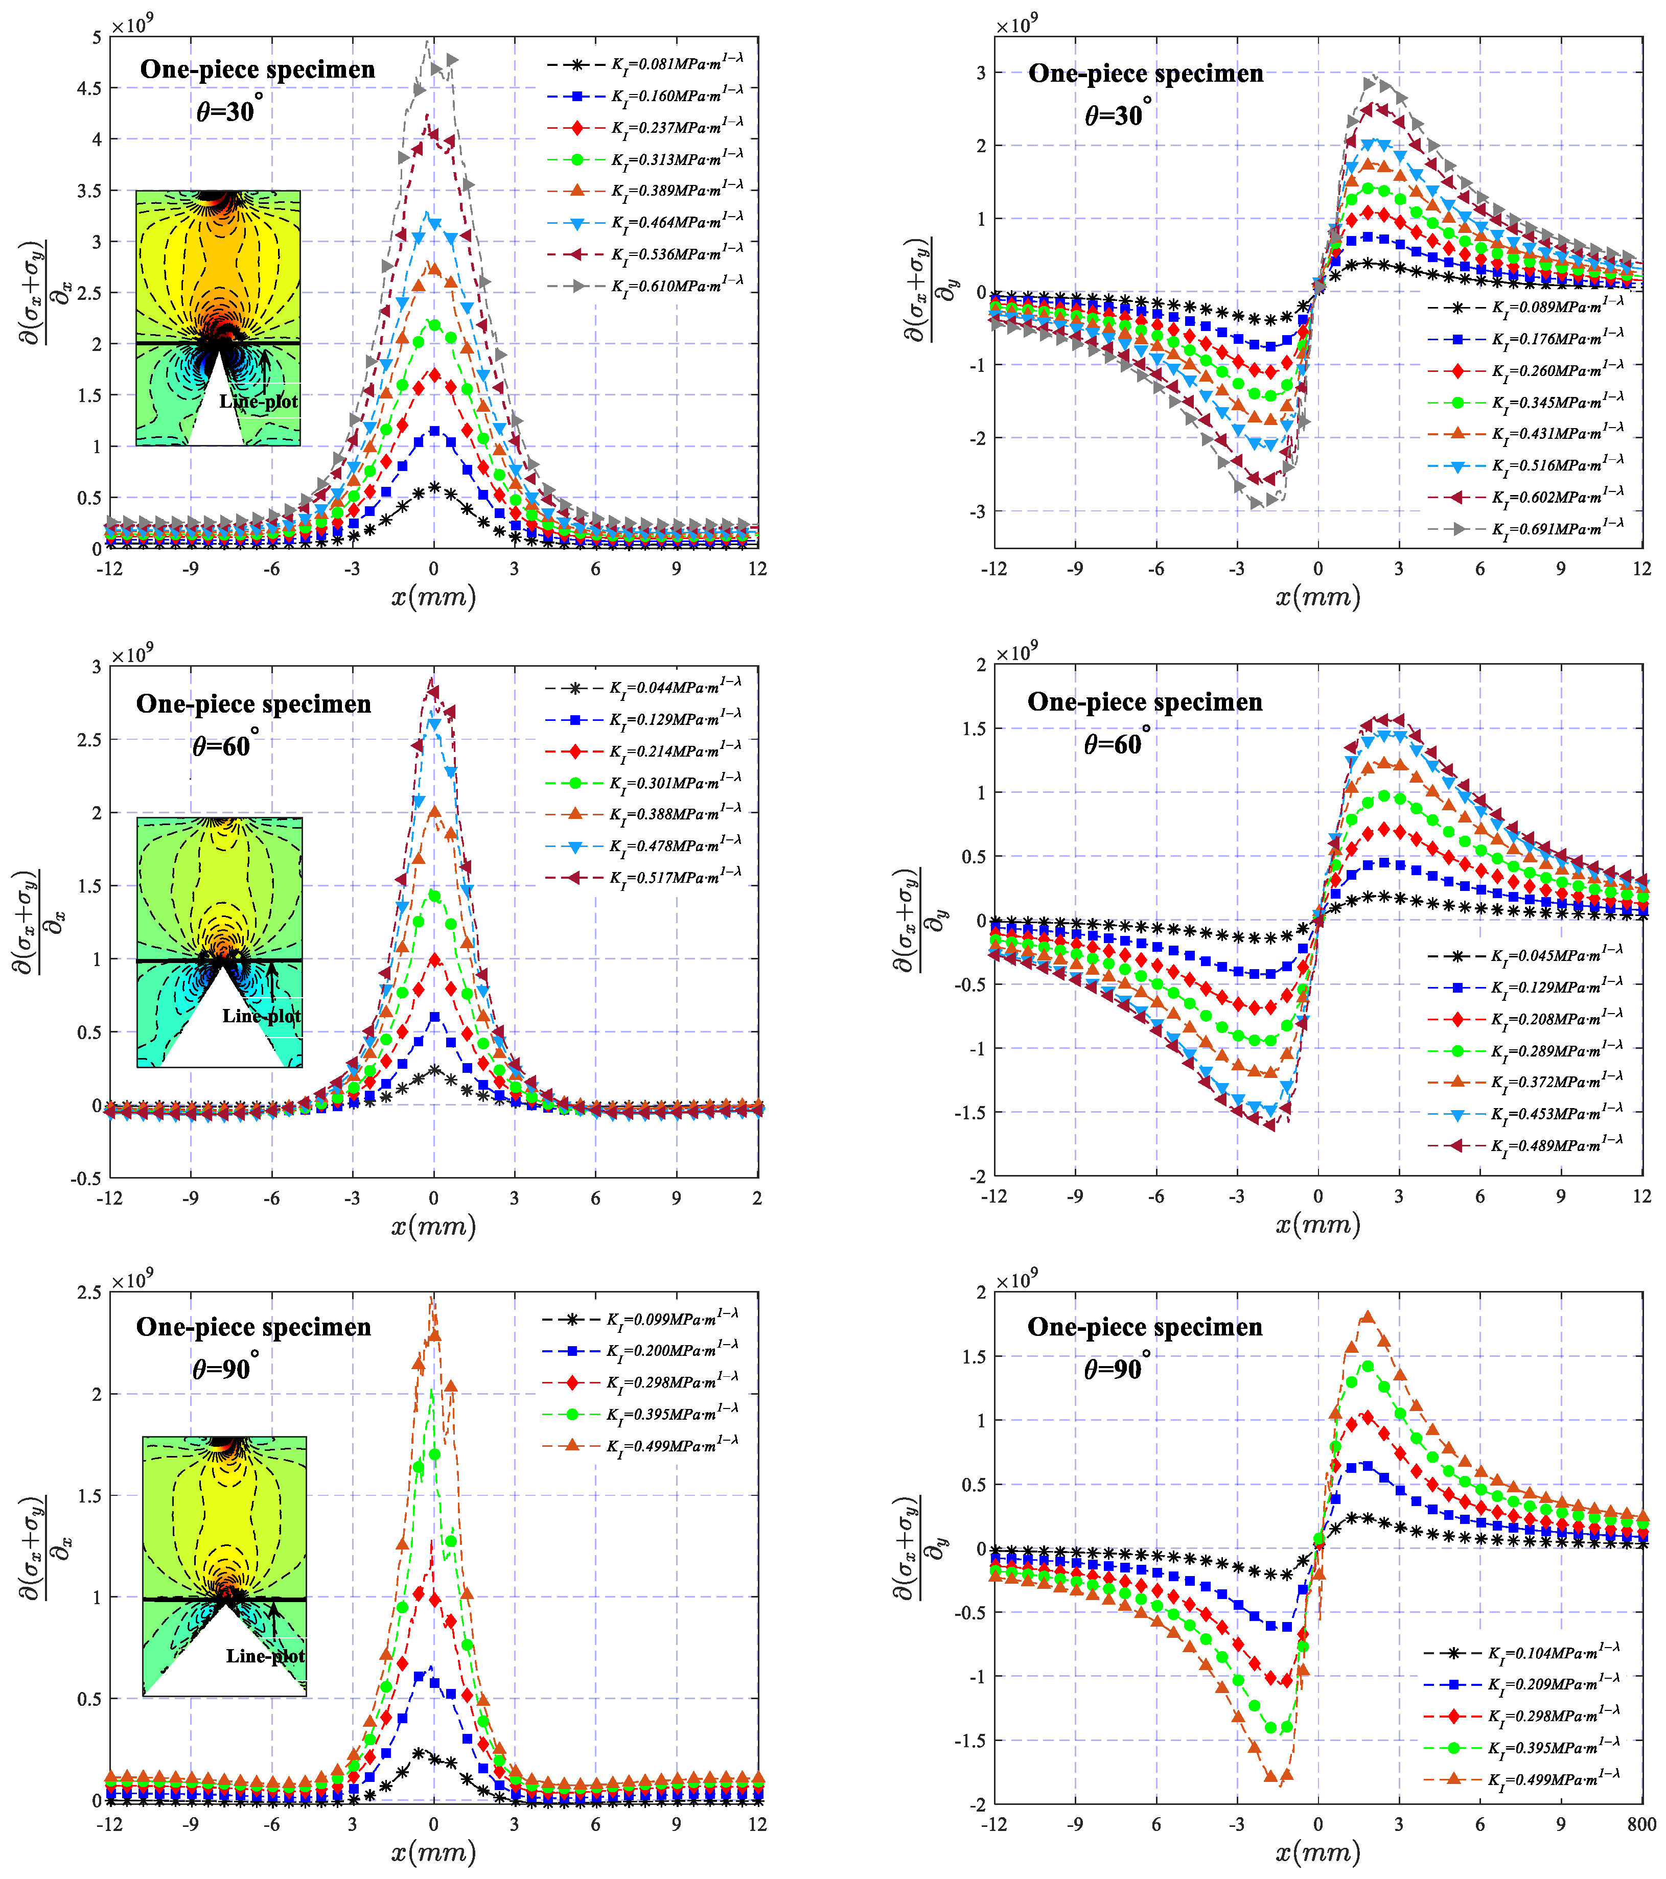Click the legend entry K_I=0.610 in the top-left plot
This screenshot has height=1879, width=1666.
pyautogui.click(x=676, y=286)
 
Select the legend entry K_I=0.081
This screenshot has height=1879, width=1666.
pyautogui.click(x=676, y=64)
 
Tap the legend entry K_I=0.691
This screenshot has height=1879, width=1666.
pyautogui.click(x=1557, y=529)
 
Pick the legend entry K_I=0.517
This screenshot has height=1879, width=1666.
pyautogui.click(x=674, y=878)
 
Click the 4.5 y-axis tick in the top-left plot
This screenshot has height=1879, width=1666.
pyautogui.click(x=90, y=88)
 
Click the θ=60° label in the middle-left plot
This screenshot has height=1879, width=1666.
pyautogui.click(x=223, y=745)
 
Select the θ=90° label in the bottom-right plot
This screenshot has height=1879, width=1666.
pyautogui.click(x=1115, y=1369)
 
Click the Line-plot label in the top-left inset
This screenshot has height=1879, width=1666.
pyautogui.click(x=259, y=402)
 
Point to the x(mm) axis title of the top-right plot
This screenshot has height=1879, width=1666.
pyautogui.click(x=1317, y=598)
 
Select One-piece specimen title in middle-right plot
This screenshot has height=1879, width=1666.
pyautogui.click(x=1145, y=702)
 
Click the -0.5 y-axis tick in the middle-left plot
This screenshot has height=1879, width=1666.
pyautogui.click(x=88, y=1179)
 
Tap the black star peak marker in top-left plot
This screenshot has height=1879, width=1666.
pyautogui.click(x=434, y=488)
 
